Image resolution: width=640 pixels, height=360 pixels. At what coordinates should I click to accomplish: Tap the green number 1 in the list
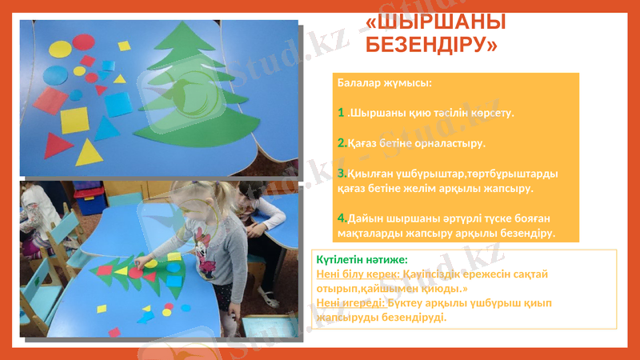pos(342,113)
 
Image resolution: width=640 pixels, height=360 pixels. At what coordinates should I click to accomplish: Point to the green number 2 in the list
pos(342,143)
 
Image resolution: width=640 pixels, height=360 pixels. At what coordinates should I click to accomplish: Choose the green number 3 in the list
pos(342,173)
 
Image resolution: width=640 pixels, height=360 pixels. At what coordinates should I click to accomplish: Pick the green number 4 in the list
pos(342,218)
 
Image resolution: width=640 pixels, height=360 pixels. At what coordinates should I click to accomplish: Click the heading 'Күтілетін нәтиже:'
pos(362,260)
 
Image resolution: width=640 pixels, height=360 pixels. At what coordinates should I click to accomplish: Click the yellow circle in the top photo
pos(61,50)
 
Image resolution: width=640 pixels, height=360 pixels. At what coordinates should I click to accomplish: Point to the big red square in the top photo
pos(50,101)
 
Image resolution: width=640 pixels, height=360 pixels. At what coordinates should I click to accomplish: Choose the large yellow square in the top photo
pos(74,120)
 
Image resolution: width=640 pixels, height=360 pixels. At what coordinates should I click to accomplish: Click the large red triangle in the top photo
pos(57,146)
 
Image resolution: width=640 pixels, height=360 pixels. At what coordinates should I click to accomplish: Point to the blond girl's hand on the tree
pos(151,261)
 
